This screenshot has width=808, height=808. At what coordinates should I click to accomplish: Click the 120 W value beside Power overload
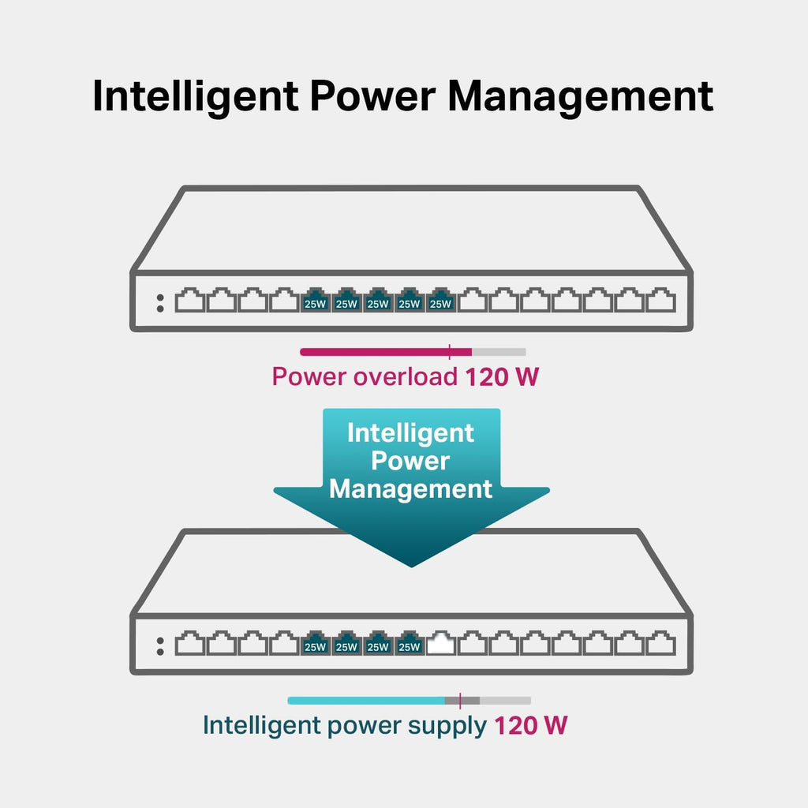tap(501, 376)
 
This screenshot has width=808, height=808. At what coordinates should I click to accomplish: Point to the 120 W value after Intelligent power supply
tap(530, 725)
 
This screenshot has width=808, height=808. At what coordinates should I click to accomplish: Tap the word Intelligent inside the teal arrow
tap(410, 433)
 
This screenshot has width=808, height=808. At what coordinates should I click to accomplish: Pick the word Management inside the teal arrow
tap(410, 488)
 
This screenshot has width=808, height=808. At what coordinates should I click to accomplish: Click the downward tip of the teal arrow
tap(411, 562)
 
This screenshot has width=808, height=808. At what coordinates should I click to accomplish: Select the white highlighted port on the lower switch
tap(441, 645)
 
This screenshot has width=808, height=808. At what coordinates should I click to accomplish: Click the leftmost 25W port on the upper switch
tap(315, 301)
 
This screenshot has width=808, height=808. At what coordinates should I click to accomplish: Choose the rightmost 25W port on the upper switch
tap(440, 301)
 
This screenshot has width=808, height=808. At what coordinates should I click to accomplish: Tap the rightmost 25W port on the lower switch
tap(409, 645)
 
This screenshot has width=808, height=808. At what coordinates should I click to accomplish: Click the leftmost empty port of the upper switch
tap(189, 301)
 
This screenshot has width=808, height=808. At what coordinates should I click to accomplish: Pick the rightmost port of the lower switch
tap(661, 645)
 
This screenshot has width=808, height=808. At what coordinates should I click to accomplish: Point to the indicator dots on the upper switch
tap(160, 303)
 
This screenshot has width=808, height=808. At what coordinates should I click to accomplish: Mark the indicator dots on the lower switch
tap(160, 646)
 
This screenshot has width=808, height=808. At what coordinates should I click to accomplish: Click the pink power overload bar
tap(385, 352)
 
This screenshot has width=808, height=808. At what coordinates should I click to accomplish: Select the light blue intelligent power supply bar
tap(365, 700)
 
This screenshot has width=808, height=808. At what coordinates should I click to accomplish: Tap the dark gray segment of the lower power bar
tap(470, 700)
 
